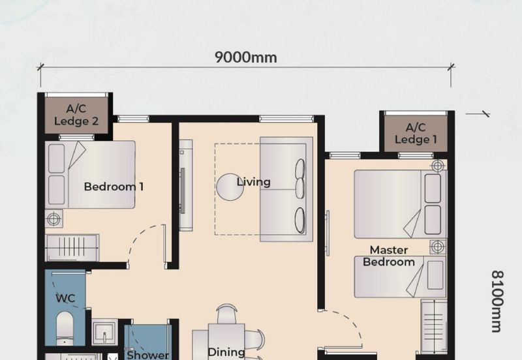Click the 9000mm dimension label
tap(246, 57)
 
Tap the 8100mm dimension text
tap(497, 301)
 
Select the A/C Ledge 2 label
tap(76, 115)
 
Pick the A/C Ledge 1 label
tap(416, 133)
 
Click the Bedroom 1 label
tap(114, 187)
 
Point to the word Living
tap(253, 182)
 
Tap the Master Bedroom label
tap(389, 256)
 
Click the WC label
tap(65, 298)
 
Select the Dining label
tap(226, 352)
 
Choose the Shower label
tap(148, 355)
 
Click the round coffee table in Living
tap(230, 187)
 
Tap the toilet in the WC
tap(65, 329)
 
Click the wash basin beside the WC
tap(104, 332)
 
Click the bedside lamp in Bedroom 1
tap(54, 218)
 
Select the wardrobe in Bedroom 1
tap(72, 248)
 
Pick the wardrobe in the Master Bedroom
tap(434, 326)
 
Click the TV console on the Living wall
tap(186, 185)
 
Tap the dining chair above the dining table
tap(227, 313)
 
